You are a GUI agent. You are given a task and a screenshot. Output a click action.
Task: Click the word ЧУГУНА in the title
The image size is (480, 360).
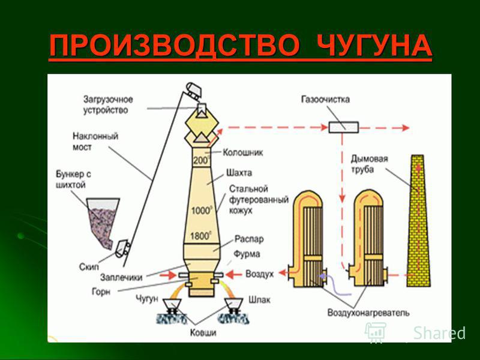point(374,46)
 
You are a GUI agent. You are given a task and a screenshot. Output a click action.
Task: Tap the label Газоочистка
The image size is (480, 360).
point(325,100)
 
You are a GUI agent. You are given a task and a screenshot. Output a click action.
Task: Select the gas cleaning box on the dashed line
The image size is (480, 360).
point(344,127)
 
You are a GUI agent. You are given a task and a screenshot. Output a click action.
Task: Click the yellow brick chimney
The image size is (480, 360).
point(418,221)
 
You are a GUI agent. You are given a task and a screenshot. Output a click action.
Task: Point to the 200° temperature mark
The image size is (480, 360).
point(201,160)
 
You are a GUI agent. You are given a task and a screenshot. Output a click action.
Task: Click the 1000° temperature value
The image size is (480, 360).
point(202,211)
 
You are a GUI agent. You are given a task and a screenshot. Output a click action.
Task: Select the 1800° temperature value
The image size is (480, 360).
point(200,236)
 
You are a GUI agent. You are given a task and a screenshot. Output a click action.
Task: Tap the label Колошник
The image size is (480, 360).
point(242,152)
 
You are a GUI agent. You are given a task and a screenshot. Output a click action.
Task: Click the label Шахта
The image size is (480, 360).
point(239,173)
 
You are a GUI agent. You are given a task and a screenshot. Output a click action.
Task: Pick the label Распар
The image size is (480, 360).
point(249,239)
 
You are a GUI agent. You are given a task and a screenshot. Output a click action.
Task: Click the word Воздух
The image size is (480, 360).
point(259,274)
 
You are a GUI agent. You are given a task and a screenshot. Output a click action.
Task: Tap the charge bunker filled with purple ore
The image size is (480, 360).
point(103,223)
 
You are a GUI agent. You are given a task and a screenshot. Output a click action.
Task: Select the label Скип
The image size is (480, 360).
point(89,267)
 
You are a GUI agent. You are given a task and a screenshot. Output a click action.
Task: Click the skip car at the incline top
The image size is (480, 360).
point(194,91)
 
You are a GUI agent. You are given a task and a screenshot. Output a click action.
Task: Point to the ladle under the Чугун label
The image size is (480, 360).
point(172,305)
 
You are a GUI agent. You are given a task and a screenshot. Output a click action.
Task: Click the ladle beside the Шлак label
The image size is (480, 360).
point(234,305)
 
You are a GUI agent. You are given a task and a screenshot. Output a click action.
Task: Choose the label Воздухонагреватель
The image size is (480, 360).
point(368,313)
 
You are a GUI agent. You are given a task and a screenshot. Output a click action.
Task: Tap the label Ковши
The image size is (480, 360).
point(203,332)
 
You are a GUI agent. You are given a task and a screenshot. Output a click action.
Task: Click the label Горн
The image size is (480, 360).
point(101,292)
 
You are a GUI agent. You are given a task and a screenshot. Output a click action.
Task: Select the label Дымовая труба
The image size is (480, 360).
point(369,164)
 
